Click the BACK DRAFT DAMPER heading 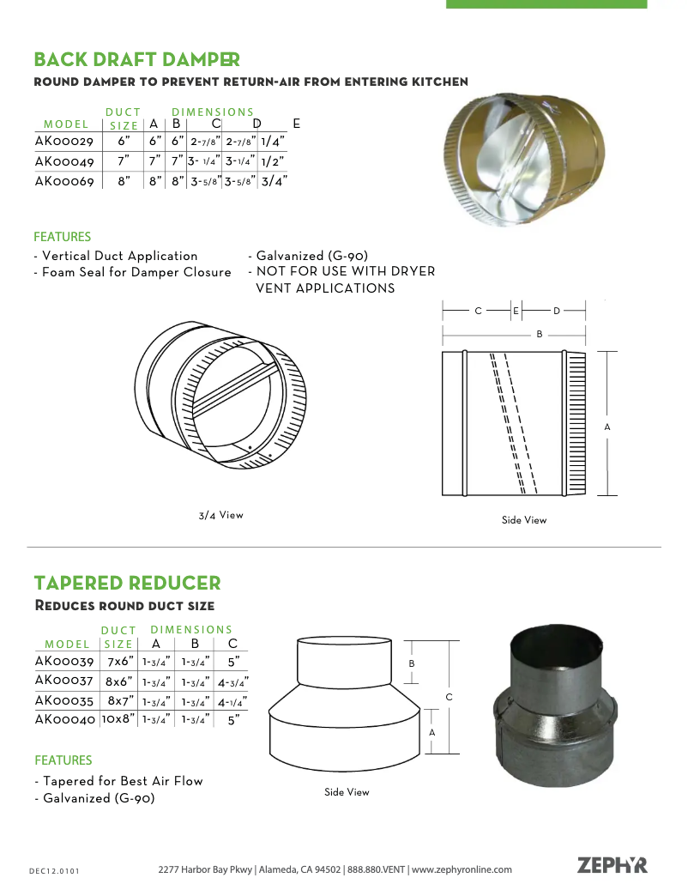[x=136, y=59]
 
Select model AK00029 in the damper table [x=64, y=141]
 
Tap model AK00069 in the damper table [x=64, y=181]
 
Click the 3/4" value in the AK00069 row [x=274, y=181]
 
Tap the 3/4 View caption [x=220, y=515]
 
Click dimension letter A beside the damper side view [x=607, y=427]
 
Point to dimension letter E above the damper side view [x=516, y=311]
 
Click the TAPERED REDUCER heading [x=127, y=584]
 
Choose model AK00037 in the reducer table [x=64, y=681]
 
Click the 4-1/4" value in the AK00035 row [x=232, y=700]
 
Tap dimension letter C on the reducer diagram [x=449, y=697]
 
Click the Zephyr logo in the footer [x=613, y=865]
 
